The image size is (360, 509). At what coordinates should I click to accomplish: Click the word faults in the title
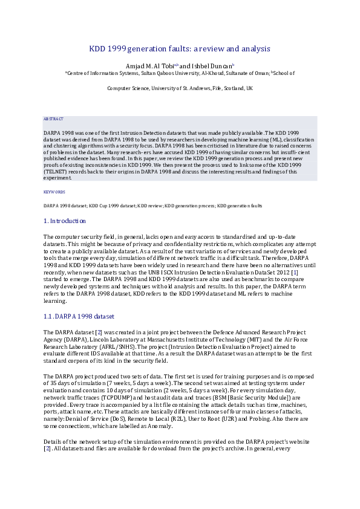[x=185, y=48]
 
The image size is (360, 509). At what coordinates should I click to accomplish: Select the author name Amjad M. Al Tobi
[x=149, y=65]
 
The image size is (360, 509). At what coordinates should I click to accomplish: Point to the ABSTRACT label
[x=53, y=119]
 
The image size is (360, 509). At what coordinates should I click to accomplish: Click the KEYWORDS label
[x=54, y=192]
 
